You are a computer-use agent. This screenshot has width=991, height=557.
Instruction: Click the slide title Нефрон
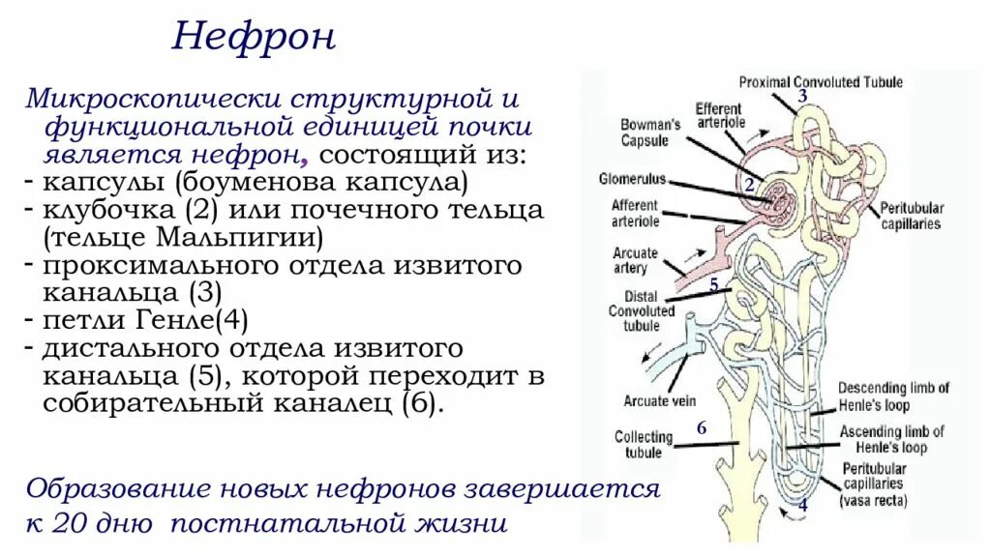tap(254, 37)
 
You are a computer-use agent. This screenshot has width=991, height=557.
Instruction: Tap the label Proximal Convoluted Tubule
tap(821, 82)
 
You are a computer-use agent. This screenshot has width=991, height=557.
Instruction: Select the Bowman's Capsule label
tap(651, 132)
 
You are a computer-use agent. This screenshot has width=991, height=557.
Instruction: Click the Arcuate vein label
tap(660, 400)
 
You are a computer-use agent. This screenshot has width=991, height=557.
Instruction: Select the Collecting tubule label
tap(644, 445)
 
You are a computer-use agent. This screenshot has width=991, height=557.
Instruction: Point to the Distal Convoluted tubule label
tap(642, 310)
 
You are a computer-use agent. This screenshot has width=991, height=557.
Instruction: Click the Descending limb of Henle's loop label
tap(893, 395)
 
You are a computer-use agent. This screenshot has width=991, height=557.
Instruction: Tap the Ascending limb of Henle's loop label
tap(891, 440)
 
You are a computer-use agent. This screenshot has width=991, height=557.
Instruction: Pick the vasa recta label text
tap(875, 499)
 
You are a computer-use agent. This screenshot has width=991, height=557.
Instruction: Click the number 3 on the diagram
tap(802, 97)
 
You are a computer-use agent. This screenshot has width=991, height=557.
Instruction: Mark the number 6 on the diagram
tap(702, 428)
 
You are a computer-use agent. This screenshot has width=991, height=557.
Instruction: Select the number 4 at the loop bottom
tap(801, 504)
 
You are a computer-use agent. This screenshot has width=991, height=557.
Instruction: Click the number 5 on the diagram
tap(713, 285)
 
